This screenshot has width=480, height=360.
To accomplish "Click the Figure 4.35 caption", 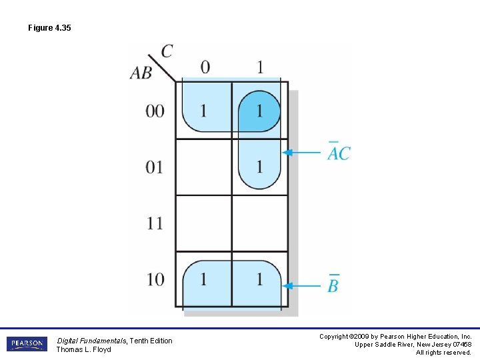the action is tap(49, 29).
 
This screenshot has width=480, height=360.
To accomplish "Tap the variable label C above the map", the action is tap(167, 51).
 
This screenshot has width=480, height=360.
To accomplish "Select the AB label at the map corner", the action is tap(141, 73).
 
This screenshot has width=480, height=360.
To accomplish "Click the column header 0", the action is tap(205, 67).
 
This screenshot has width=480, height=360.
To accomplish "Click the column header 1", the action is tap(259, 67).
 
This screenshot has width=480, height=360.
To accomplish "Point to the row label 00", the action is tap(155, 111).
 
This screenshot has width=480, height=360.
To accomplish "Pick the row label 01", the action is tap(155, 167).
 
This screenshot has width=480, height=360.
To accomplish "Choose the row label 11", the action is tap(155, 223).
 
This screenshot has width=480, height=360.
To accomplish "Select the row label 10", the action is tap(155, 279).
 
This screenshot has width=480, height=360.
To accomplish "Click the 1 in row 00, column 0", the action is tap(204, 111).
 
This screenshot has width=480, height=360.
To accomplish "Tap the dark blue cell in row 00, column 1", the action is tap(259, 111).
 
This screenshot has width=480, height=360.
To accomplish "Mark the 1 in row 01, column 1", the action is tap(259, 166).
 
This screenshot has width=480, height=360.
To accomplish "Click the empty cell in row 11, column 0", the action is tap(204, 223).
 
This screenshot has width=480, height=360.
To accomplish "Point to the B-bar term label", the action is tap(333, 285).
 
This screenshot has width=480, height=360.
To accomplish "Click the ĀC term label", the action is tap(339, 152).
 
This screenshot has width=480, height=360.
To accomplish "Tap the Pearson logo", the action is tap(27, 344).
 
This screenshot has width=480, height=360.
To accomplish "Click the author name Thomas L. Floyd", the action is tap(83, 349).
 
